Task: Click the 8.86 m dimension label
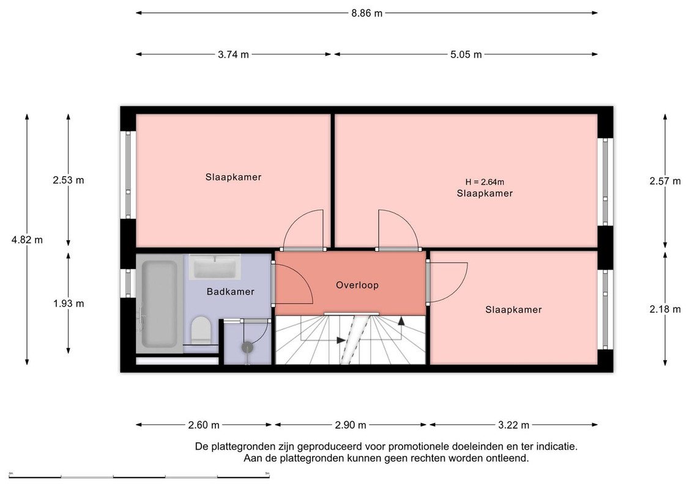(366, 13)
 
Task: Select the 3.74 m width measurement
(234, 54)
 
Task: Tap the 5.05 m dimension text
(466, 54)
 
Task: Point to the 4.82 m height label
(27, 240)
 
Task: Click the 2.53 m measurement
(69, 180)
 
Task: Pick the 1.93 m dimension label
(69, 303)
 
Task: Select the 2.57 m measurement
(665, 181)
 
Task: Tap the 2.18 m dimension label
(665, 309)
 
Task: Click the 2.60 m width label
(204, 425)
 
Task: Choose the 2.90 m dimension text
(351, 425)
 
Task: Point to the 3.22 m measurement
(514, 425)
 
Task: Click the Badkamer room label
(231, 292)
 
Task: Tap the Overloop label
(357, 285)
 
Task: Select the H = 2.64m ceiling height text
(485, 182)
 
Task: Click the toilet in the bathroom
(201, 330)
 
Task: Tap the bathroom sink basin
(215, 267)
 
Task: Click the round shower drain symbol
(248, 347)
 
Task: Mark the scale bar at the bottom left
(139, 476)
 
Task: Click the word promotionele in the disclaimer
(415, 447)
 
